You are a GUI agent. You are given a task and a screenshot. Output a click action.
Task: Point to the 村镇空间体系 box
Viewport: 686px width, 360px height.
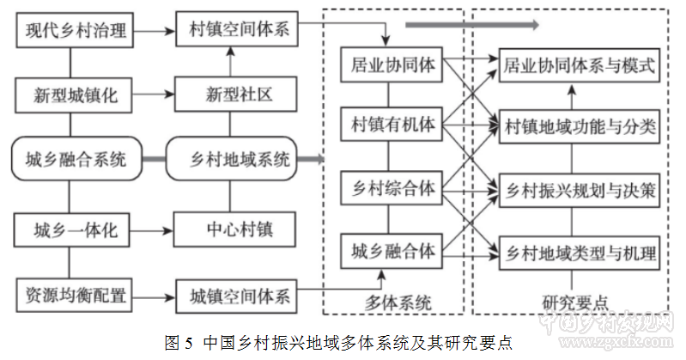tap(238, 32)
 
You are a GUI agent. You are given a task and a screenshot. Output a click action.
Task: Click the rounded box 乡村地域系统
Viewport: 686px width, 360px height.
tap(238, 159)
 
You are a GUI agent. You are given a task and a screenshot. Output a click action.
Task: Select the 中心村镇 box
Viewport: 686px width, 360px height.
tap(238, 230)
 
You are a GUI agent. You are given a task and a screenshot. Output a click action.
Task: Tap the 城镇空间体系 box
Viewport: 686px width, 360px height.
tap(238, 296)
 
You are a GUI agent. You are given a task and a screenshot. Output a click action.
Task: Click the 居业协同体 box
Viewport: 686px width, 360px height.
tap(392, 64)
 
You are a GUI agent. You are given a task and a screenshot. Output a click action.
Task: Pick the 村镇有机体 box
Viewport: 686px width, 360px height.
tap(392, 125)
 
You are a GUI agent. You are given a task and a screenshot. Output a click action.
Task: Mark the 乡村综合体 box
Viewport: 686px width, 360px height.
tap(392, 188)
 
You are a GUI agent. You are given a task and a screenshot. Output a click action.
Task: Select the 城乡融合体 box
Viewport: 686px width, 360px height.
tap(392, 252)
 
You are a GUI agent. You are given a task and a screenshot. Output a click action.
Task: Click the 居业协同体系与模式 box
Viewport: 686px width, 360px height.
tap(579, 64)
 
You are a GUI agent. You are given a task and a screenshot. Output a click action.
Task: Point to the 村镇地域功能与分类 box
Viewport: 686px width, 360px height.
tap(579, 127)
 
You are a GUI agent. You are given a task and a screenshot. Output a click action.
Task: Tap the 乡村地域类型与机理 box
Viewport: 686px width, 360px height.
tap(579, 253)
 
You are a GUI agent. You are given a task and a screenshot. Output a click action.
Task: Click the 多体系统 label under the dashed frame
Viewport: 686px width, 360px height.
tap(395, 302)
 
